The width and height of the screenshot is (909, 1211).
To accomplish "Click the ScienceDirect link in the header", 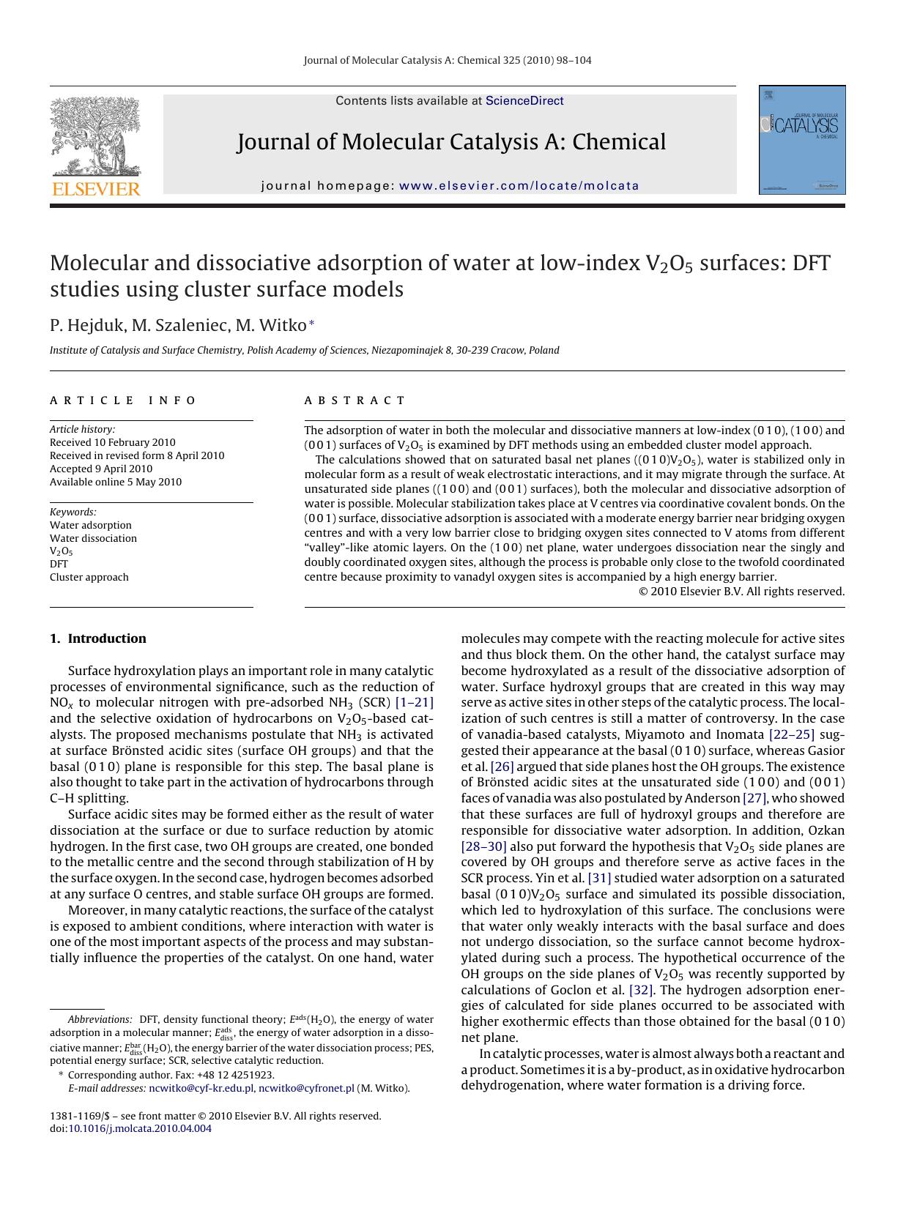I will [x=524, y=101].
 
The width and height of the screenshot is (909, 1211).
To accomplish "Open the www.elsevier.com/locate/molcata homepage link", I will [x=519, y=186].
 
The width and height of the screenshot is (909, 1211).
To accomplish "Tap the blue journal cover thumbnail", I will [x=802, y=140].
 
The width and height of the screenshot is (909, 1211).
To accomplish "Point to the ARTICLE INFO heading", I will [x=123, y=400].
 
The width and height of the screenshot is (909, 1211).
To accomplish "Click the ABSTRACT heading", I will [x=355, y=400].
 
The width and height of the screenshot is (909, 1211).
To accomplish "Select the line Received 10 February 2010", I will [x=113, y=442].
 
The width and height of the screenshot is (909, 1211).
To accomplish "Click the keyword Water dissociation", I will [x=93, y=538].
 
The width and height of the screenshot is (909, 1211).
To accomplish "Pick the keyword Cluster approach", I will [x=89, y=577].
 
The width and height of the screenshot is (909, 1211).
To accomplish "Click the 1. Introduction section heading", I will [x=98, y=638].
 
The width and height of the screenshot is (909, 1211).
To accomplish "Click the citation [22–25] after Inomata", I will [x=791, y=734].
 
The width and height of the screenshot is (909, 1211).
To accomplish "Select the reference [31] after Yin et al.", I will [x=599, y=878].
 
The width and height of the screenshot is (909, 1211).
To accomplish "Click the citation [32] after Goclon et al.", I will [x=641, y=990].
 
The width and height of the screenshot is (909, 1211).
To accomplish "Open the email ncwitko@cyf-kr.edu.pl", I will [x=201, y=1089].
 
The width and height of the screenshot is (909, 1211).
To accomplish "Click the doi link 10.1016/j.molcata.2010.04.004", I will [x=140, y=1129].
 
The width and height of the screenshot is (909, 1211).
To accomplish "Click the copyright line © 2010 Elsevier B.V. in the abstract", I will [x=741, y=592].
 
